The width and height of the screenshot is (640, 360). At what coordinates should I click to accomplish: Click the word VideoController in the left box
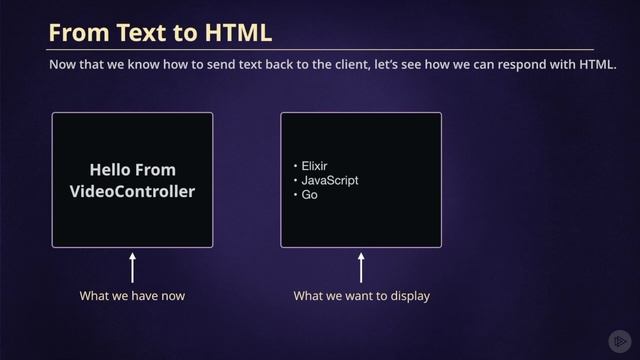pyautogui.click(x=132, y=190)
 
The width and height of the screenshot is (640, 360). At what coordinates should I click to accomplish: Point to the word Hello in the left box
pyautogui.click(x=110, y=170)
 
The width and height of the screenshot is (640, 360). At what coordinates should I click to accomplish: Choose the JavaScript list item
pyautogui.click(x=329, y=180)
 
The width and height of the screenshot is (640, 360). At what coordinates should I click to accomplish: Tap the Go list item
pyautogui.click(x=310, y=194)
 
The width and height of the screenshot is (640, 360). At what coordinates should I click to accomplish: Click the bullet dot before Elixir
pyautogui.click(x=295, y=166)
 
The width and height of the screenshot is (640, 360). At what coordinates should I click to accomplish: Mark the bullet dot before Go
pyautogui.click(x=295, y=194)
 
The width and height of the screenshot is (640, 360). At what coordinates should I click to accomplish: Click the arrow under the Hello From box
pyautogui.click(x=132, y=268)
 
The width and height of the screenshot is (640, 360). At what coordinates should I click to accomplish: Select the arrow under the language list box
pyautogui.click(x=361, y=268)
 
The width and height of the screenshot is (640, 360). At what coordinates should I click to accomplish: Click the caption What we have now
pyautogui.click(x=132, y=296)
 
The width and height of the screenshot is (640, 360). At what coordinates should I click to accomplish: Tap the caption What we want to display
pyautogui.click(x=361, y=296)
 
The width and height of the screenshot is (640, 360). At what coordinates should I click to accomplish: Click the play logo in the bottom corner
pyautogui.click(x=619, y=340)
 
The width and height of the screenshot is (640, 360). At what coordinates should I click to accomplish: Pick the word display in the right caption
pyautogui.click(x=411, y=296)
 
